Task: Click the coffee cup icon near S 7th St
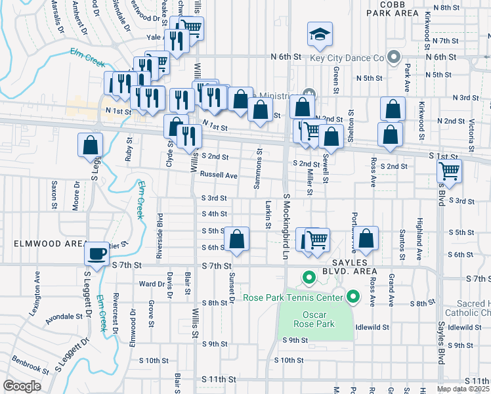pyautogui.click(x=97, y=253)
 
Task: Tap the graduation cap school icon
pyautogui.click(x=319, y=34)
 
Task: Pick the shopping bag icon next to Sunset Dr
pyautogui.click(x=237, y=240)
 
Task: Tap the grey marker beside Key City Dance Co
pyautogui.click(x=394, y=58)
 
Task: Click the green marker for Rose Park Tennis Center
pyautogui.click(x=352, y=297)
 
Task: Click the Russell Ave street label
pyautogui.click(x=219, y=175)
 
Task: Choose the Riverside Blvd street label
pyautogui.click(x=160, y=226)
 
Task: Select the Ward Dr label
pyautogui.click(x=152, y=284)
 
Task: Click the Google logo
pyautogui.click(x=22, y=386)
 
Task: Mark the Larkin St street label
pyautogui.click(x=268, y=215)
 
